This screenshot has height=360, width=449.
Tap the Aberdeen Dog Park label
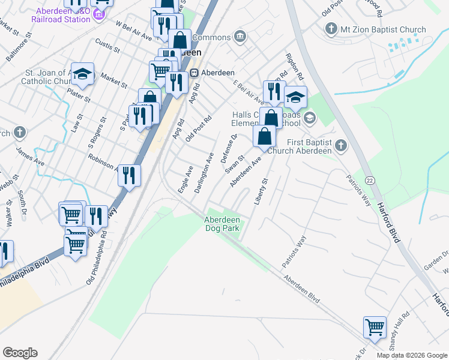[222, 224]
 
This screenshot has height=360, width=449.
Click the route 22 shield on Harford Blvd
[370, 180]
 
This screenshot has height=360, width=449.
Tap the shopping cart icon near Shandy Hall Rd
[375, 328]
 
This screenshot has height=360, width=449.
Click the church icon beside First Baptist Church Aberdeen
[340, 145]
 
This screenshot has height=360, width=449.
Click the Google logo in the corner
[20, 353]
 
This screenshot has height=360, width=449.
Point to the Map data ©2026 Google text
[412, 355]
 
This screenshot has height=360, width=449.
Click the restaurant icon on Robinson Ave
[129, 175]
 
